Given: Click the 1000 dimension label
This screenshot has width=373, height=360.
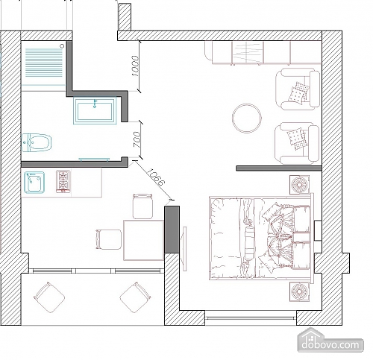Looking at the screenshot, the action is tap(135, 66).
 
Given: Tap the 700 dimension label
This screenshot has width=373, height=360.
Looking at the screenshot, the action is tap(137, 139).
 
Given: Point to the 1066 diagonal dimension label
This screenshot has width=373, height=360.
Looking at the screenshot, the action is tap(155, 177).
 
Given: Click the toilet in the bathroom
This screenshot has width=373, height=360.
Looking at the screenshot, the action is tap(37, 142).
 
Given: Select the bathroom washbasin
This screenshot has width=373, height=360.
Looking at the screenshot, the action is tap(95, 111).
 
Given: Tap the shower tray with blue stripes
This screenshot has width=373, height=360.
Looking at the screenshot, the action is tap(44, 63).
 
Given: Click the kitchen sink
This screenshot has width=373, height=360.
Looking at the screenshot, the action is tap(34, 183).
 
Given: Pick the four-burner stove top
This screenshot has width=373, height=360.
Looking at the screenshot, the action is tap(63, 181).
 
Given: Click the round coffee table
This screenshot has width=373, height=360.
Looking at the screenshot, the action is tap(247, 119).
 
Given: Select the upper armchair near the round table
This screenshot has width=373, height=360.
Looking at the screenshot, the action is tap(298, 89).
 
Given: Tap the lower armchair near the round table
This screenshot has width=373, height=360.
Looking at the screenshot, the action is tap(297, 143).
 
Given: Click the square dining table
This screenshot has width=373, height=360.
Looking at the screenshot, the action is tap(143, 240).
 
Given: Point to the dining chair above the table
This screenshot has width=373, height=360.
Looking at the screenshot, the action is tap(142, 206).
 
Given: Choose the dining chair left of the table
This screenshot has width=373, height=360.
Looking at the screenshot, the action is tap(108, 239).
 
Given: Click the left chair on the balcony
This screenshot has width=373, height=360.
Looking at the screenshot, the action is tap(49, 297).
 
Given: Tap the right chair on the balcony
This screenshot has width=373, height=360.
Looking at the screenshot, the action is tap(135, 297).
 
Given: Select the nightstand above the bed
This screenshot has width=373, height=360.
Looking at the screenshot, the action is tap(300, 185).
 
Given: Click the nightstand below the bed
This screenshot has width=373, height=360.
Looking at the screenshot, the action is tap(300, 291).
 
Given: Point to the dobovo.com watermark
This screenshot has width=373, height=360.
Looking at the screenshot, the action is tap(330, 344).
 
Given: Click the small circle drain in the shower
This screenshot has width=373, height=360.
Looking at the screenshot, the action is tap(62, 46).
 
